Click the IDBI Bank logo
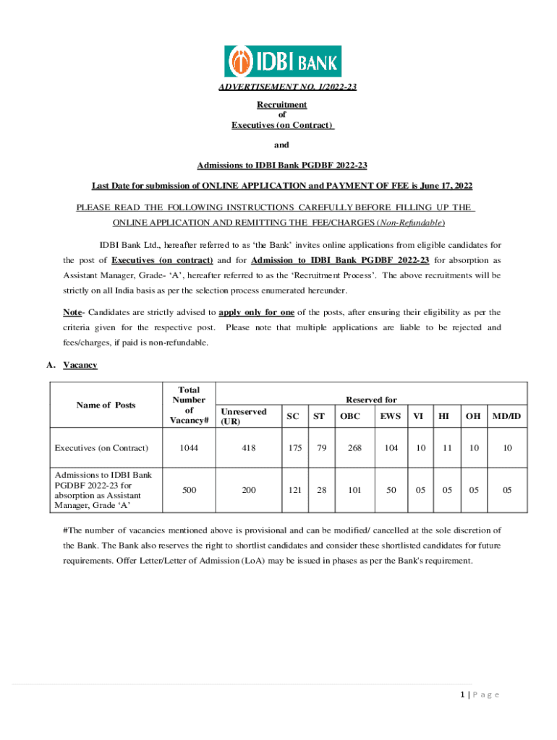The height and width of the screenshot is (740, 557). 283,61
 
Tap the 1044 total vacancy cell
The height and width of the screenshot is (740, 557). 189,448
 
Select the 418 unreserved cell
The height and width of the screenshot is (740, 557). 248,448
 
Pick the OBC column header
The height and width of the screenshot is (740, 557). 350,416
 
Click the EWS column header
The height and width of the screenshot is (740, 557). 391,416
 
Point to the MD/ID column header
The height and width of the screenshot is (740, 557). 507,416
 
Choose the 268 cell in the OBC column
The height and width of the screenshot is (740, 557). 354,448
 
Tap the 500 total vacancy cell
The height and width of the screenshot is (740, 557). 189,490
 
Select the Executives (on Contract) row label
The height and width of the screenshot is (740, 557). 101,448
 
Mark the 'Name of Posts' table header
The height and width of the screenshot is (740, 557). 106,405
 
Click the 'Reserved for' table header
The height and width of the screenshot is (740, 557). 371,400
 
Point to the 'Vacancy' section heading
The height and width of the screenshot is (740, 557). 80,366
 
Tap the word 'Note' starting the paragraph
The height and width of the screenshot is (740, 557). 72,313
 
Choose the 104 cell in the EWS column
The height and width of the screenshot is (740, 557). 391,448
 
